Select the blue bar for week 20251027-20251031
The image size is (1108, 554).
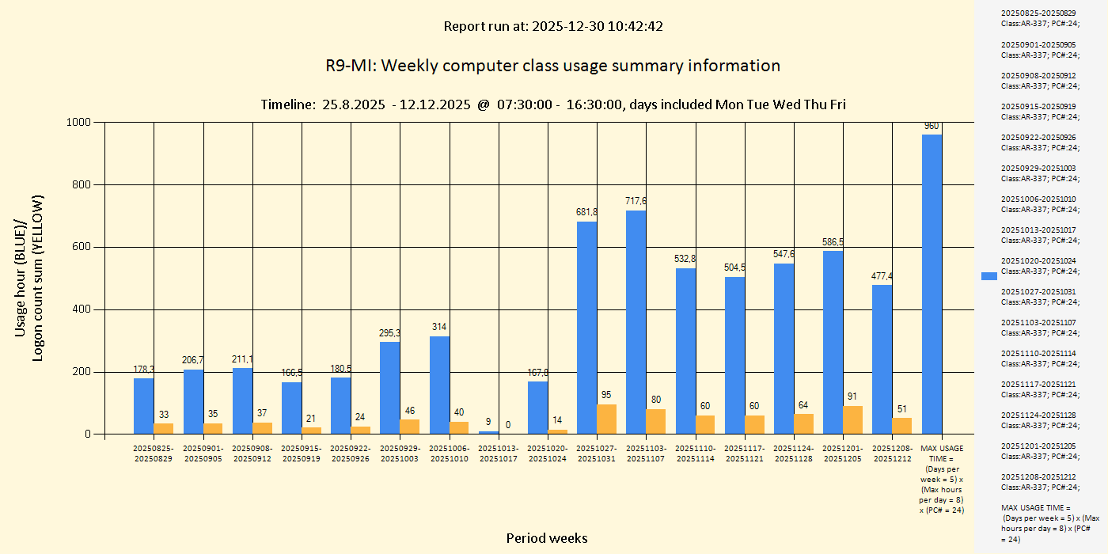(586, 328)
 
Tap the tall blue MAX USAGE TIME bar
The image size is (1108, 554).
(932, 284)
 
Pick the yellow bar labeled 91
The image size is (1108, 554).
(852, 420)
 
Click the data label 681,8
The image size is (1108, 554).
(586, 212)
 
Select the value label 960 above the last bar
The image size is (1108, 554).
(932, 126)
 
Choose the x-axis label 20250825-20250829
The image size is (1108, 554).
(153, 453)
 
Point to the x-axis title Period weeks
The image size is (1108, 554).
(547, 538)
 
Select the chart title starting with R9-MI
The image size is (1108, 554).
(552, 66)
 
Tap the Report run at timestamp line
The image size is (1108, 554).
(552, 26)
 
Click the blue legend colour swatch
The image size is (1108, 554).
(988, 275)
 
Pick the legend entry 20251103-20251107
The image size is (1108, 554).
(1038, 327)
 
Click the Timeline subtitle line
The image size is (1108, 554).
(552, 104)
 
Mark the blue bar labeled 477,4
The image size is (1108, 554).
(882, 359)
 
